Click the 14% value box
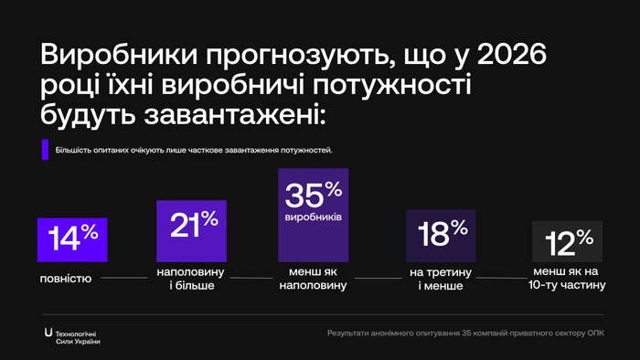pos(73,240)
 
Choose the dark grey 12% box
pos(567,243)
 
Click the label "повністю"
pos(65,278)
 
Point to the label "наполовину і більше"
pos(189,278)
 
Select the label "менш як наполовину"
pos(313,279)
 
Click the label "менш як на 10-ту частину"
pos(567,278)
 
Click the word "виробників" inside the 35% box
pos(313,219)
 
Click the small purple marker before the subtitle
pos(44,150)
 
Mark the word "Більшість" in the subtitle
pos(75,150)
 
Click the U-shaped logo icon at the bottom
pos(48,332)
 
